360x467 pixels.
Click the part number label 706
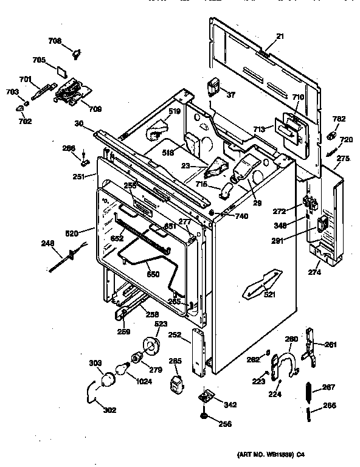point(55,41)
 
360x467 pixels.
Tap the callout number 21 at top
point(280,37)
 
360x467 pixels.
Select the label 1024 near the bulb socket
point(144,382)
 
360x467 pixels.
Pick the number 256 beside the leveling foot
point(224,424)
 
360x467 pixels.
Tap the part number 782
point(339,119)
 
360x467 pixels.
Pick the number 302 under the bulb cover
point(109,409)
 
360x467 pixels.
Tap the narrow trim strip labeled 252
point(197,351)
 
